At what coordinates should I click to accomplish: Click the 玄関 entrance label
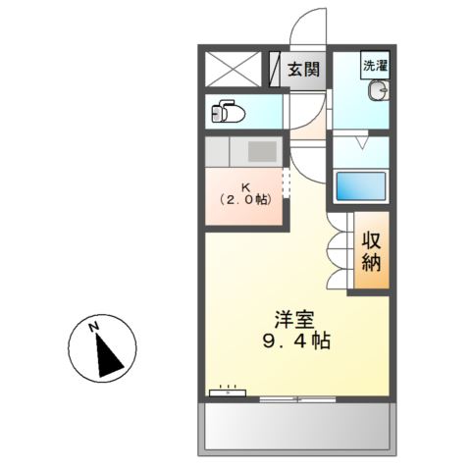[x=304, y=70]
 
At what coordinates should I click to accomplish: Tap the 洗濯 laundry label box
[x=375, y=67]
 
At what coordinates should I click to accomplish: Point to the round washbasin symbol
[x=379, y=93]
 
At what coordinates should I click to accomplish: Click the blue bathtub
[x=360, y=185]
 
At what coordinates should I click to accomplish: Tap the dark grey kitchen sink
[x=262, y=152]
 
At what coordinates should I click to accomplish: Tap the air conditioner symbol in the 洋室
[x=228, y=391]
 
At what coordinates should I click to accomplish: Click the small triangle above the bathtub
[x=360, y=142]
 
